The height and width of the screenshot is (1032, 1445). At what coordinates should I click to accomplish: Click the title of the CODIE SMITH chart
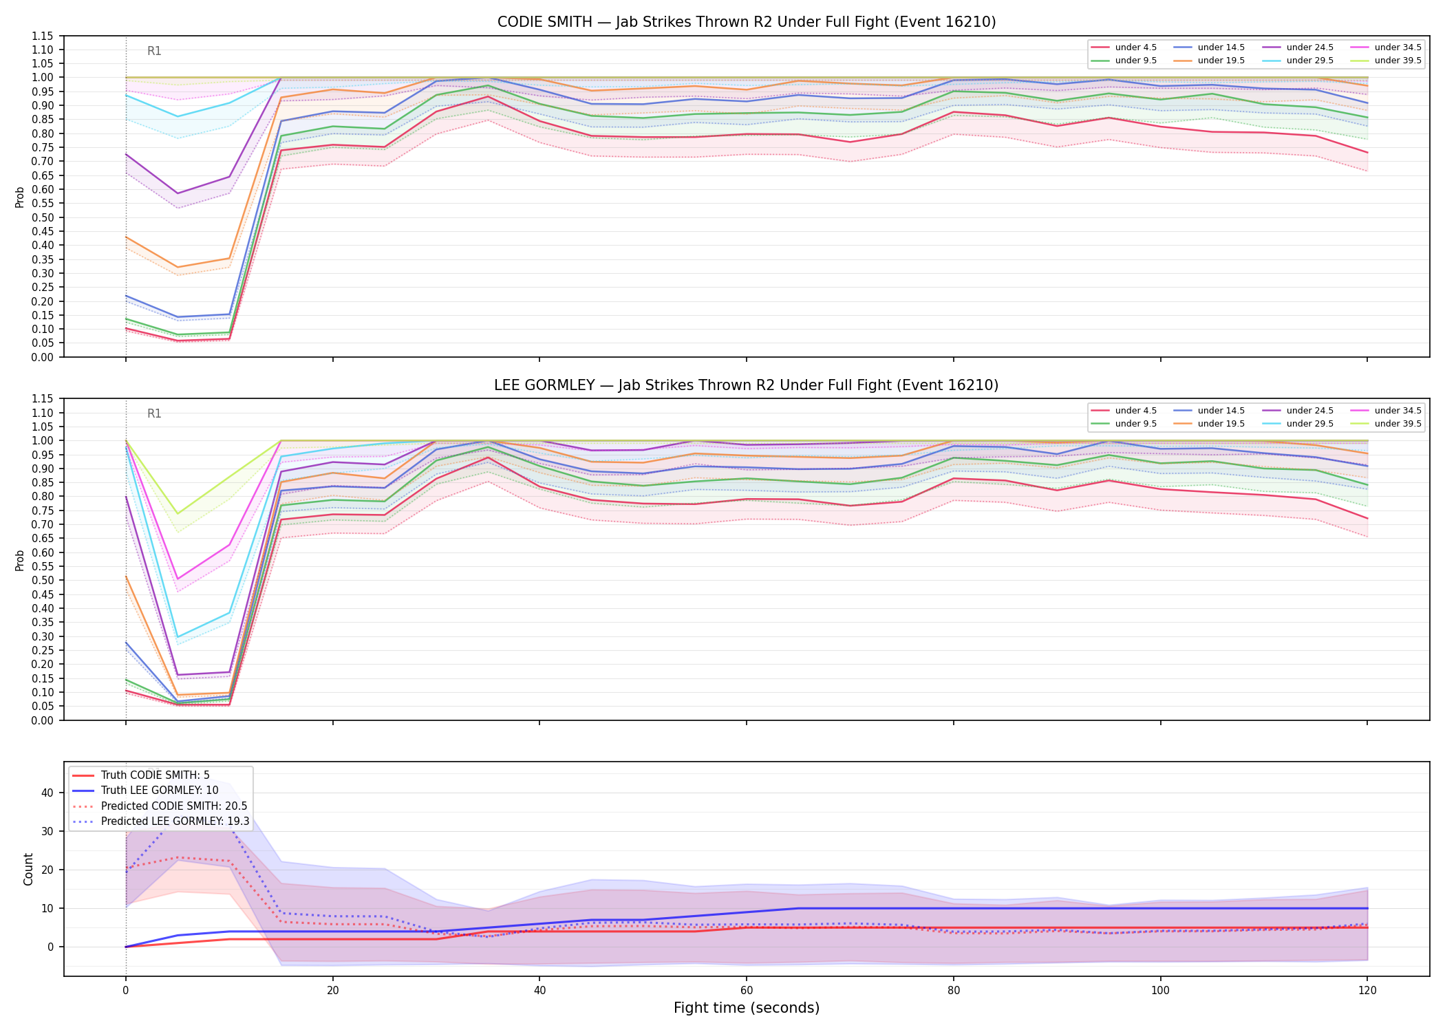747,22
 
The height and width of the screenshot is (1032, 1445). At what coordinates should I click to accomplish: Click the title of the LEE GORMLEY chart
747,385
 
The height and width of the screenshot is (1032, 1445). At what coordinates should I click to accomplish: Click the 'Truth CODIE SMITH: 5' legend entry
155,775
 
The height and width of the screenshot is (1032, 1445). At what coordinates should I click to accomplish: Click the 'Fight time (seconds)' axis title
747,1008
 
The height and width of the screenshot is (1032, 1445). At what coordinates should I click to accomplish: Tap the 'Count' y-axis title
28,869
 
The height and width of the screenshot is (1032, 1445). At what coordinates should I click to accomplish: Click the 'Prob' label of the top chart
20,197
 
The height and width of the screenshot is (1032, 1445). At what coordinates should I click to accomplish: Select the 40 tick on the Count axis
47,793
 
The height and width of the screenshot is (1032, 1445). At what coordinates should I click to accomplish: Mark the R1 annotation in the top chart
154,51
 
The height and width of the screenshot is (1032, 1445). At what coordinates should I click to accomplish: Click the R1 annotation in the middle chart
154,413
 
